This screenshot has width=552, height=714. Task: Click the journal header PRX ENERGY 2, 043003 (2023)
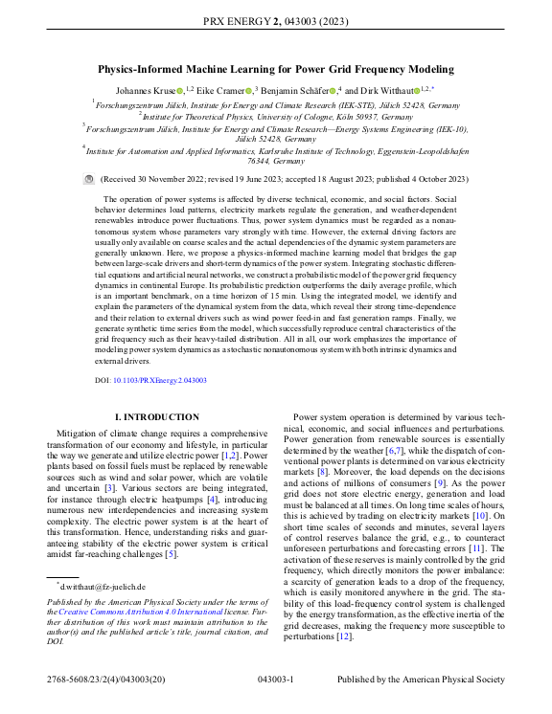point(276,19)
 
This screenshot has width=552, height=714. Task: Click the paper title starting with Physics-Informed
point(276,69)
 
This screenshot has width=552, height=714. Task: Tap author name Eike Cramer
point(221,90)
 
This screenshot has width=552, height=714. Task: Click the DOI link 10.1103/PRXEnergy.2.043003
point(152,380)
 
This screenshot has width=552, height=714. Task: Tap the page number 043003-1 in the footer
point(276,680)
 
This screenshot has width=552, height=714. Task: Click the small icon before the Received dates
point(90,179)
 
